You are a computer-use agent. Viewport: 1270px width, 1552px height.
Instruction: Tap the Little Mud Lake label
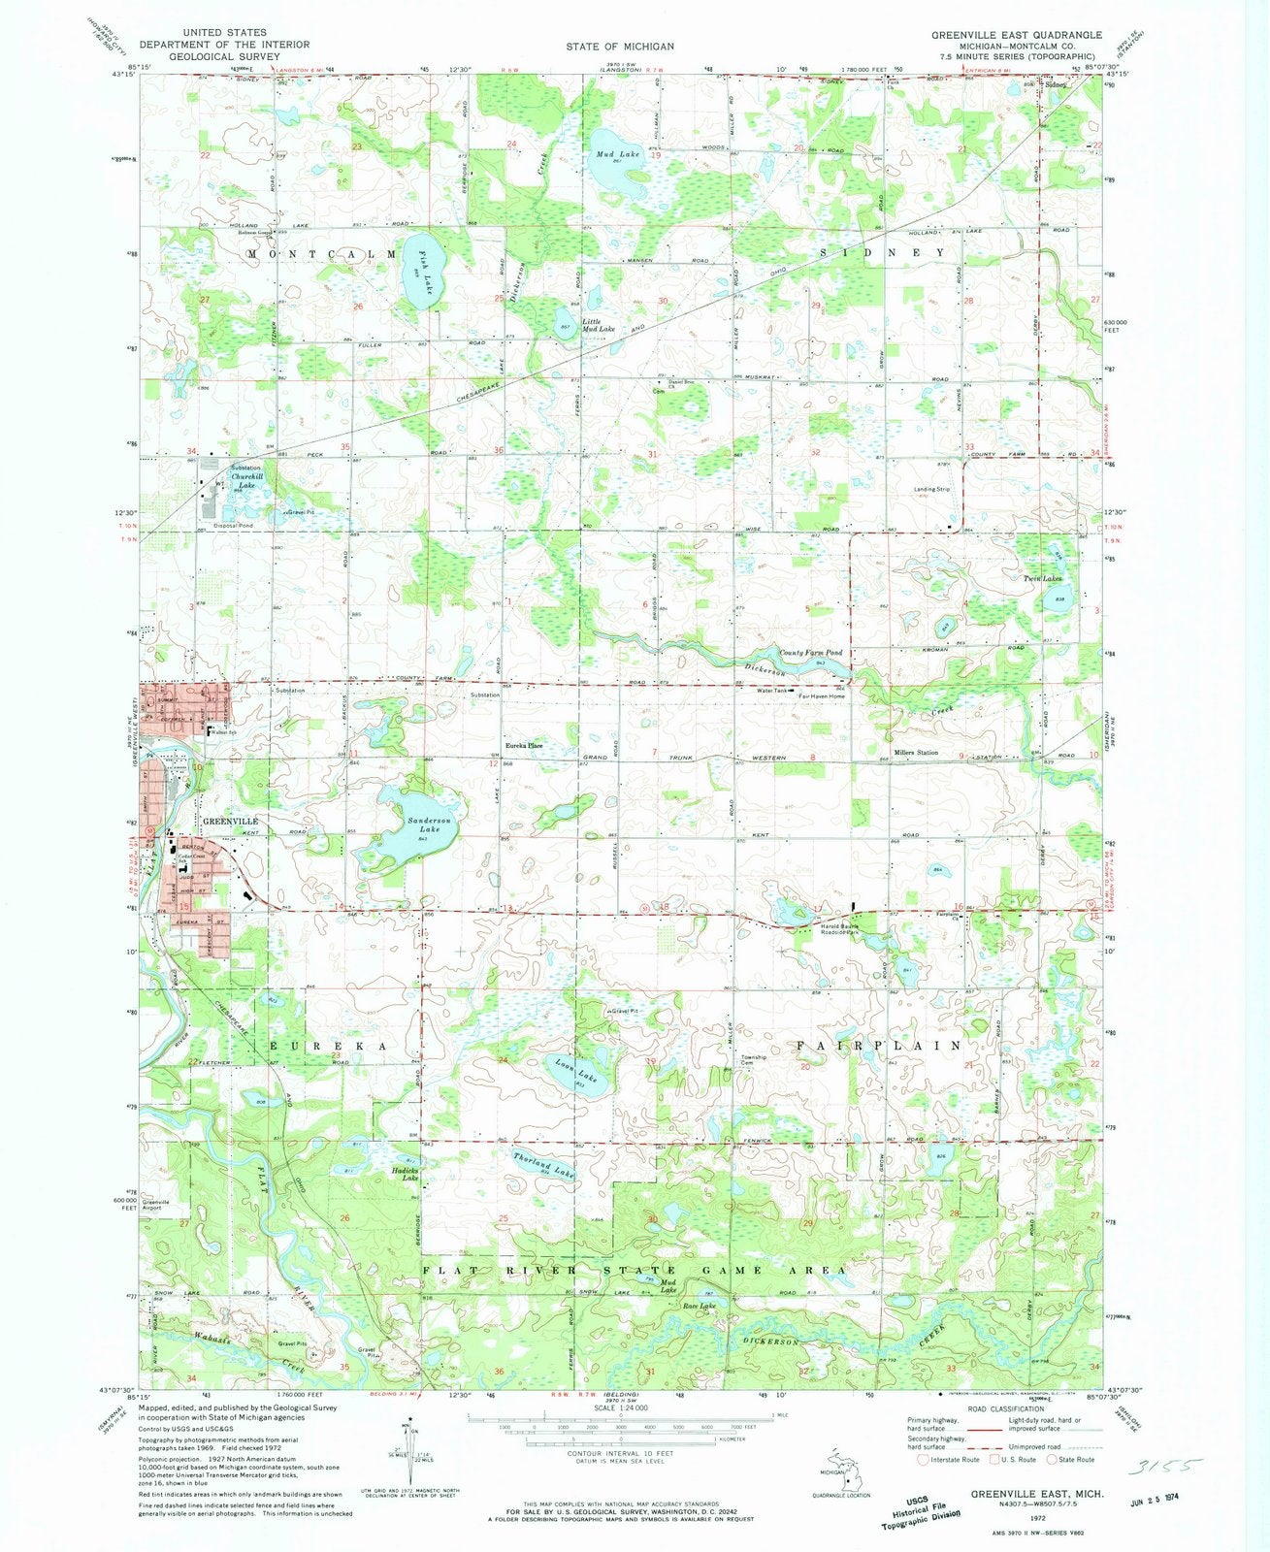pos(599,325)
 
